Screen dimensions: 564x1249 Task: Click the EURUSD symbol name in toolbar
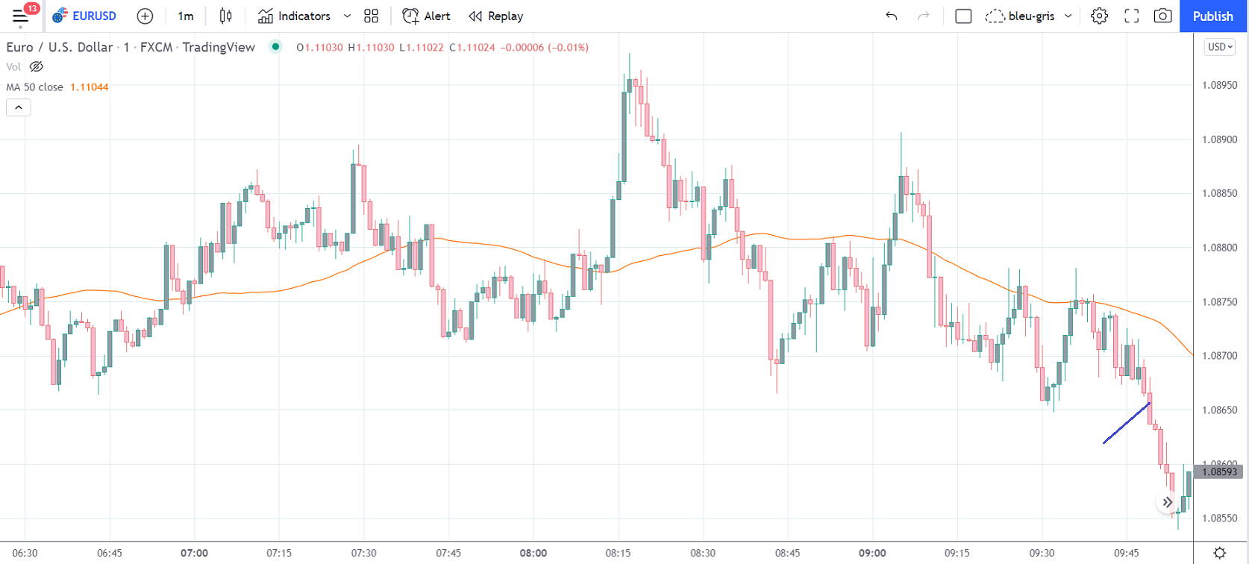coord(94,16)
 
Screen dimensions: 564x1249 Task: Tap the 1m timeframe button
coord(186,16)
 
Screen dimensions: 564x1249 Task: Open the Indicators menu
coord(295,16)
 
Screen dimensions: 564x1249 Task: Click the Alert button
coord(427,16)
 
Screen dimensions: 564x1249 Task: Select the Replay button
coord(496,16)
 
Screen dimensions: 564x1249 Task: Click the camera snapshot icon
coord(1162,16)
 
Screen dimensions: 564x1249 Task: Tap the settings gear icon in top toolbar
coord(1099,16)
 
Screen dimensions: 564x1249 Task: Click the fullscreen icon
coord(1131,16)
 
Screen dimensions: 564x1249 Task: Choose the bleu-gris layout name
coord(1031,16)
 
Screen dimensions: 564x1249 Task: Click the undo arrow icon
coord(891,16)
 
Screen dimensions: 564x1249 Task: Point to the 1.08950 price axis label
coord(1220,85)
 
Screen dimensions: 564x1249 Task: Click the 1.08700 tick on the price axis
coord(1220,356)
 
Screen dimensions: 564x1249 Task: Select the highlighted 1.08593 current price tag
coord(1220,471)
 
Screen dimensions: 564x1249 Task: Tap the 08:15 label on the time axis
coord(618,553)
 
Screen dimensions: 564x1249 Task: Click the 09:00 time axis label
coord(872,553)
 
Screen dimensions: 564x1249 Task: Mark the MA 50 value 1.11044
coord(90,87)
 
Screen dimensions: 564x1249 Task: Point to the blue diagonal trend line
coord(1127,423)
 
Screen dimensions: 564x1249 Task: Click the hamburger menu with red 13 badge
coord(21,16)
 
